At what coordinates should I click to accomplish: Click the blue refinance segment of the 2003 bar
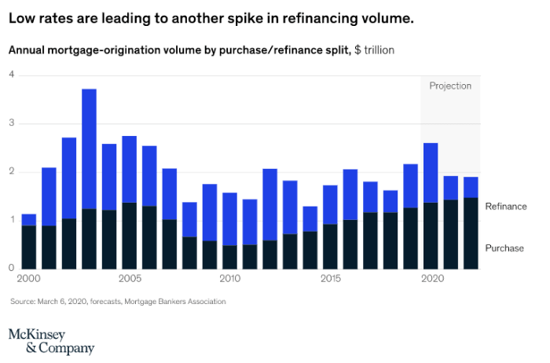pos(89,149)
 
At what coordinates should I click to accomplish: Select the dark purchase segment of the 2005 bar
pos(130,236)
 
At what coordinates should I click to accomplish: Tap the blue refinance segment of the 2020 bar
pos(431,173)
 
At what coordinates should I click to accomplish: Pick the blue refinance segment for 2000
pos(29,220)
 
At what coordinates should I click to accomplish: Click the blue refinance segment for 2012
pos(270,204)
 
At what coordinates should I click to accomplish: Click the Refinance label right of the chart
pos(505,207)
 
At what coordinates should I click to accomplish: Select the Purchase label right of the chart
pos(504,248)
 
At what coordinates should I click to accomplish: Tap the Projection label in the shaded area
pos(450,86)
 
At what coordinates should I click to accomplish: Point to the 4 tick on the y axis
pos(12,75)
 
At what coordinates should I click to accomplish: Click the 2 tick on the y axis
pos(12,172)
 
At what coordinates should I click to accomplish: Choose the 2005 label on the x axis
pos(129,279)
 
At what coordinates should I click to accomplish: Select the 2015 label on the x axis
pos(330,279)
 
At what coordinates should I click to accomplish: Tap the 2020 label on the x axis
pos(431,279)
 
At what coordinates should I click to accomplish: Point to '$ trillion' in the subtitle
pos(374,49)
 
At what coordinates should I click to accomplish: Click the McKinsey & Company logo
pos(51,340)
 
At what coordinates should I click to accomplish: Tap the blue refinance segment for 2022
pos(471,187)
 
